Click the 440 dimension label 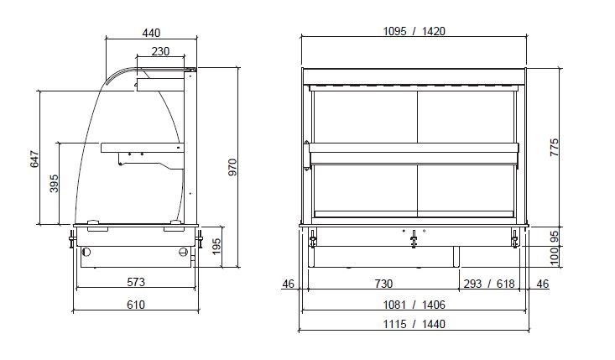click(x=151, y=33)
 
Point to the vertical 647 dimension click(x=34, y=159)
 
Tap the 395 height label click(x=54, y=184)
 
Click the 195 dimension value click(x=216, y=247)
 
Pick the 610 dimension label click(x=136, y=305)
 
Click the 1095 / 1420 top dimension click(x=414, y=31)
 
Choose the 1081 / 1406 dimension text click(x=414, y=305)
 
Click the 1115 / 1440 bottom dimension click(x=414, y=324)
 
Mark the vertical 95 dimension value click(x=553, y=237)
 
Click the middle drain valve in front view click(x=414, y=242)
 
